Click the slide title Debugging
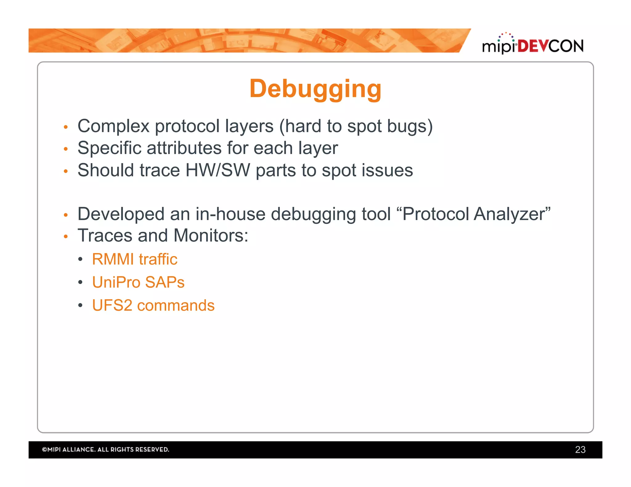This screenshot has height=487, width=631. [315, 89]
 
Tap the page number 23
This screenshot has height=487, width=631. [580, 449]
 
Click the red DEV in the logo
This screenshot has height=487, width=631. [533, 46]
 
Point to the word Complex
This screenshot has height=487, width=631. [113, 126]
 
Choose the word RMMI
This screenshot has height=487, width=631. [113, 259]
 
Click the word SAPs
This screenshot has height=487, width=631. [165, 282]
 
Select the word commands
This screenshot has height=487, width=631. [176, 305]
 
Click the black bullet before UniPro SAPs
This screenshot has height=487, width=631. [80, 282]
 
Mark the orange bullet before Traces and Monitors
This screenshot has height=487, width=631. [65, 236]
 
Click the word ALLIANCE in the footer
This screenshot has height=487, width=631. [79, 449]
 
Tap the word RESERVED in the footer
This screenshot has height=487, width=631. [152, 449]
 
